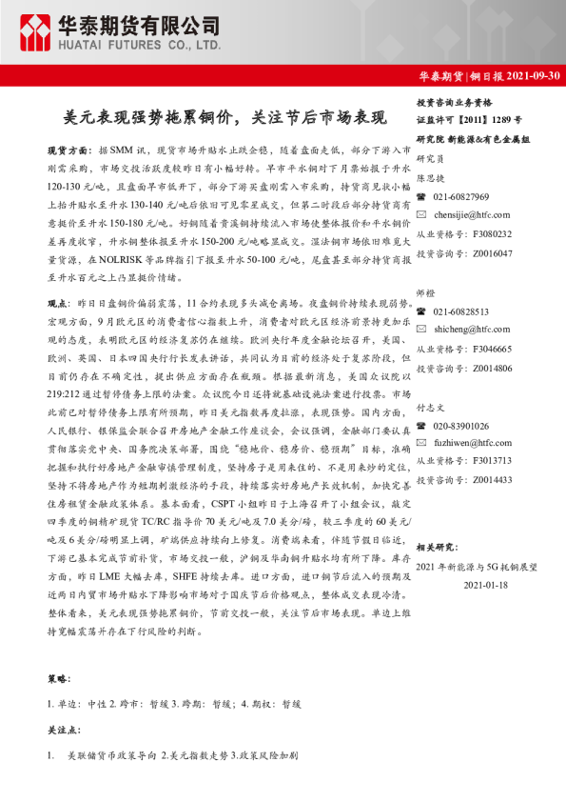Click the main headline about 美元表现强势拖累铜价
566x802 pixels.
[225, 118]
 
